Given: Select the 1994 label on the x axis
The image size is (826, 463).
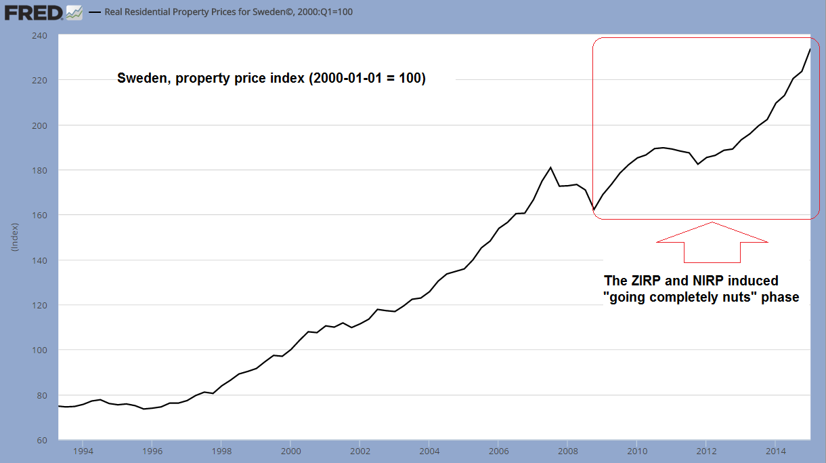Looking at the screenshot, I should tap(83, 450).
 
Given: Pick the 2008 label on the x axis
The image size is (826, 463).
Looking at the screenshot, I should tap(567, 450).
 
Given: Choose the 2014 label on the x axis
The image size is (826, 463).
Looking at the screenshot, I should tap(775, 450).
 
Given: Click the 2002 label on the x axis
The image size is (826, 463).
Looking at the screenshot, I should tap(360, 450).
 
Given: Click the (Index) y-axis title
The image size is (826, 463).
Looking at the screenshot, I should tap(14, 237).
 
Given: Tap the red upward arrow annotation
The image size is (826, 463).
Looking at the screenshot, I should tap(712, 242).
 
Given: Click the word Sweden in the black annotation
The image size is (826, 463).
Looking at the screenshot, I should tap(143, 78).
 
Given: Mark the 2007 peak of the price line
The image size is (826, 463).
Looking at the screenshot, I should tap(550, 167).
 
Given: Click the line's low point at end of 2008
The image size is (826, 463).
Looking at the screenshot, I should tap(593, 209).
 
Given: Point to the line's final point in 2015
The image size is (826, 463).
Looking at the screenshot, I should tap(810, 49).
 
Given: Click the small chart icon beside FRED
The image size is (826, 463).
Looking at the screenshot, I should tap(74, 12).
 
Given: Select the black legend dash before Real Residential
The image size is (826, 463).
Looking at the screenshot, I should tap(94, 12).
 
